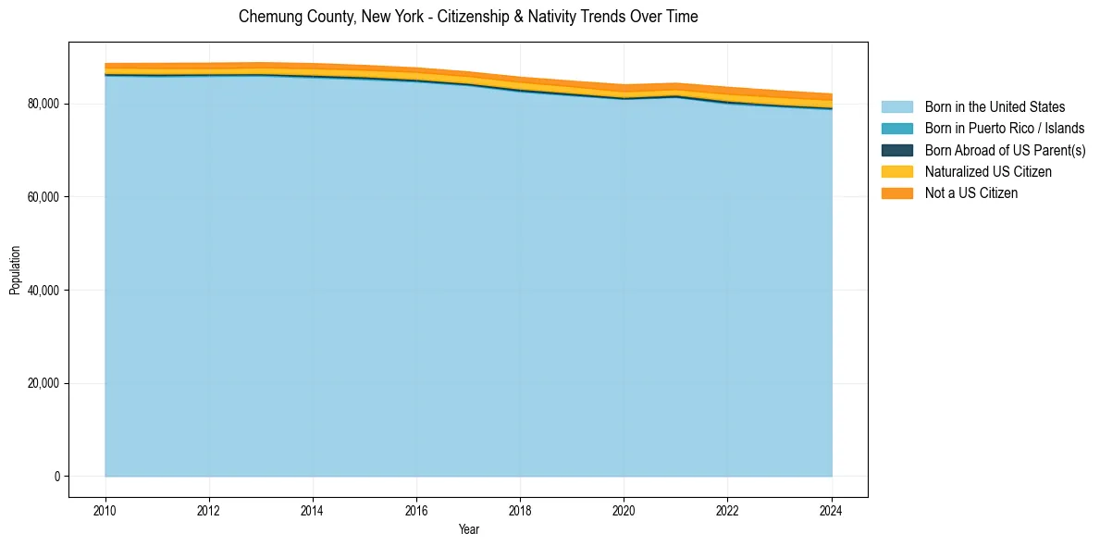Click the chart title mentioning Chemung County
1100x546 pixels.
(x=468, y=17)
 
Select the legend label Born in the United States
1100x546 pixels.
(x=995, y=107)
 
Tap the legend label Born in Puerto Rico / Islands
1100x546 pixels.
(x=1005, y=129)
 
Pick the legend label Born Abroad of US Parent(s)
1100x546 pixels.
(x=1005, y=150)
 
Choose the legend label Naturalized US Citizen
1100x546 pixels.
(x=988, y=172)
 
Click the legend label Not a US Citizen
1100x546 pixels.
(x=970, y=193)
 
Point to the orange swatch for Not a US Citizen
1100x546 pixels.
(x=896, y=193)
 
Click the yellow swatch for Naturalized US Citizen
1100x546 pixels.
(x=896, y=172)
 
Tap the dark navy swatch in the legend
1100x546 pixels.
(x=896, y=150)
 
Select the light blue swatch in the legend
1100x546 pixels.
(x=896, y=107)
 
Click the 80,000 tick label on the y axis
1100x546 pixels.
(x=43, y=104)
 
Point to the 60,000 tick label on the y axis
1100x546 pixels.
(x=43, y=197)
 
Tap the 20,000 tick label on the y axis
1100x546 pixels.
(x=43, y=383)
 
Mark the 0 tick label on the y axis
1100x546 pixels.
(x=56, y=477)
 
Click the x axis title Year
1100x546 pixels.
(x=468, y=529)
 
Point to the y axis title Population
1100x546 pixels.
(x=15, y=270)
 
